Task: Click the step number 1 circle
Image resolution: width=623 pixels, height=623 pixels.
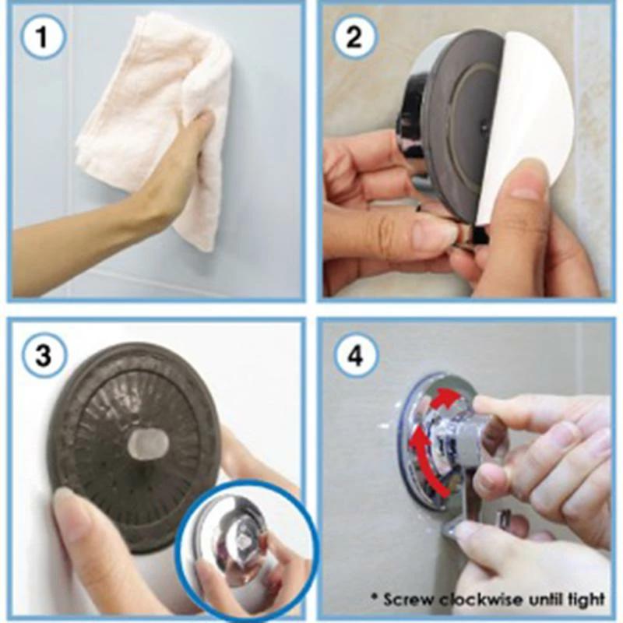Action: point(42,37)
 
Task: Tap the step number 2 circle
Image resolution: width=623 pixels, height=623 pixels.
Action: point(355,37)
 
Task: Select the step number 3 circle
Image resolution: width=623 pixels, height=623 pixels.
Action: point(43,355)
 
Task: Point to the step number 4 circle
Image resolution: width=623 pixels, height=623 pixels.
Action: point(355,355)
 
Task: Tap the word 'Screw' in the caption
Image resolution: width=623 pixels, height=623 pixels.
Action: point(408,599)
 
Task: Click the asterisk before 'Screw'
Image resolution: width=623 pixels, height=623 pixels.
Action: point(375,597)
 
